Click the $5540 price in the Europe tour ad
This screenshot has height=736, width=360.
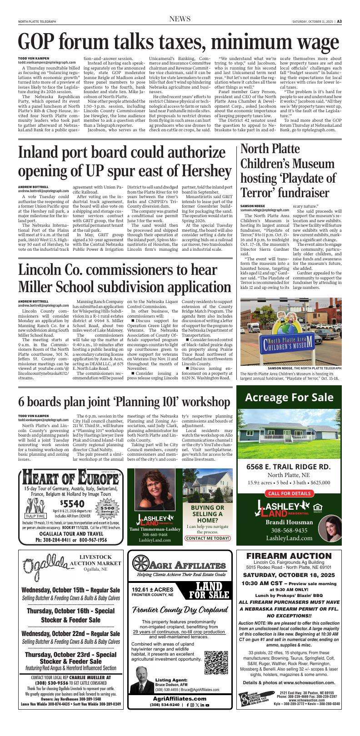(72, 503)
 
